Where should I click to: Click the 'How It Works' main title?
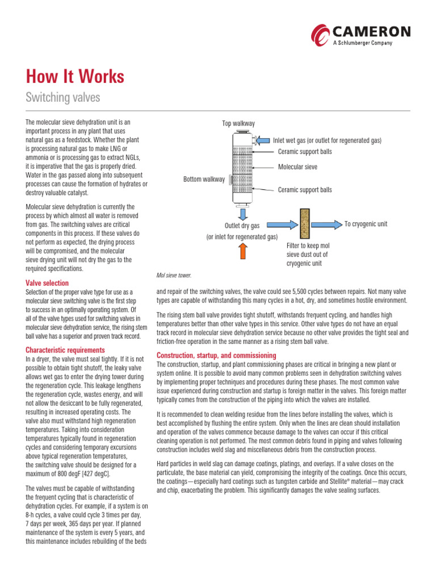75,77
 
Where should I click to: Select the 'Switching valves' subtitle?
62,98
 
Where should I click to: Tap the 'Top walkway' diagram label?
238,123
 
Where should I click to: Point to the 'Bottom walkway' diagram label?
203,180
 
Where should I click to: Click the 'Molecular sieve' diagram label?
297,167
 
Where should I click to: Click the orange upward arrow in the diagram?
242,251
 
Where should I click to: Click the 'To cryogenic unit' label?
366,224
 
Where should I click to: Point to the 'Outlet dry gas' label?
242,226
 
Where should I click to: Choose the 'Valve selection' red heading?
47,283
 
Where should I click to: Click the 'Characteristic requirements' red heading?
65,350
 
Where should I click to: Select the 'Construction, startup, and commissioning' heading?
216,355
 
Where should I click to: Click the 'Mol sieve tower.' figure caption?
174,275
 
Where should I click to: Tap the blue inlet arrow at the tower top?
264,140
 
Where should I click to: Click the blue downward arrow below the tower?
242,214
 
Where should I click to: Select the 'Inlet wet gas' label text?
294,140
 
